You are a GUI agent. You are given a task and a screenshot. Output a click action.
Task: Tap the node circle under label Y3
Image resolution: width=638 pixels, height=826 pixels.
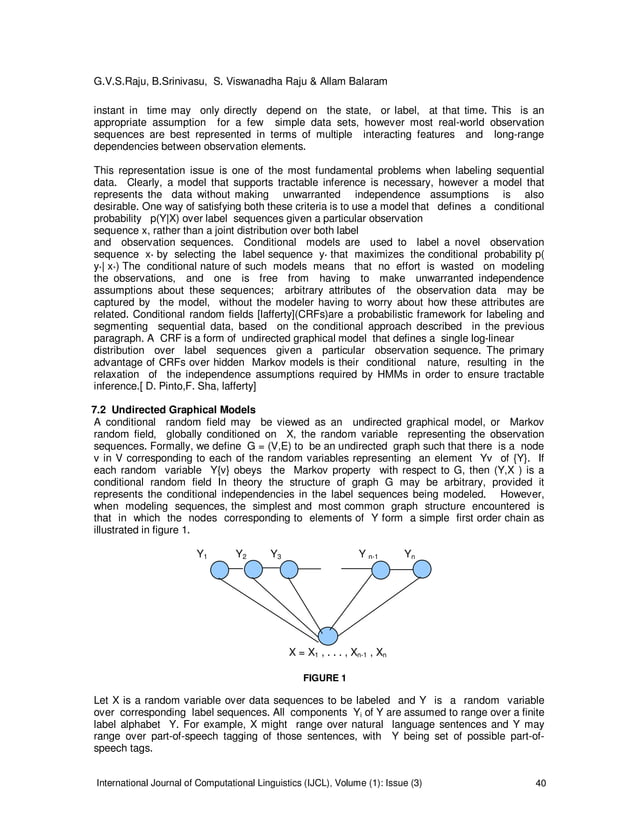pos(289,568)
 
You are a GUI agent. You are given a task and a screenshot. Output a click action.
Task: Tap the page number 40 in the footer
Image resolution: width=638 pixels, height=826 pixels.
pos(541,781)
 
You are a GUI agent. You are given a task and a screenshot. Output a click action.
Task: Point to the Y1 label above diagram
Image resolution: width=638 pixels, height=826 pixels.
pos(202,553)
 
